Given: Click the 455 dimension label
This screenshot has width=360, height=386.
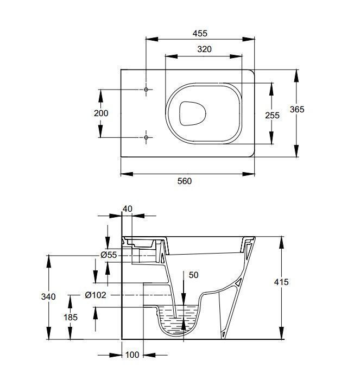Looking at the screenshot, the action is click(x=200, y=33).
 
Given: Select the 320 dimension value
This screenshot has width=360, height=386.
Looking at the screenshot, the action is click(x=204, y=49).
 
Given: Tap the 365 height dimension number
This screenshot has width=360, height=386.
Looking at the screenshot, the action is click(x=297, y=109).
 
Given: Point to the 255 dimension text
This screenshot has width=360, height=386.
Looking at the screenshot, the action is click(x=273, y=115).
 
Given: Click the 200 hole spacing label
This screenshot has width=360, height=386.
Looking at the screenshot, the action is click(x=101, y=113).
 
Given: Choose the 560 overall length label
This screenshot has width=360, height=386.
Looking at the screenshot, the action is click(x=185, y=181).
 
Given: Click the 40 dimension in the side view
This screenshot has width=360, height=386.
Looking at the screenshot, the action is click(x=127, y=209).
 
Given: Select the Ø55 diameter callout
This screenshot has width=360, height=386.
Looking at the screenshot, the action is click(x=109, y=255).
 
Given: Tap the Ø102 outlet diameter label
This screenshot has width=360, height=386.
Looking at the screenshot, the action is click(x=96, y=295).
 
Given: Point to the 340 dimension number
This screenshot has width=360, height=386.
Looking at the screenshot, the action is click(x=48, y=296).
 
